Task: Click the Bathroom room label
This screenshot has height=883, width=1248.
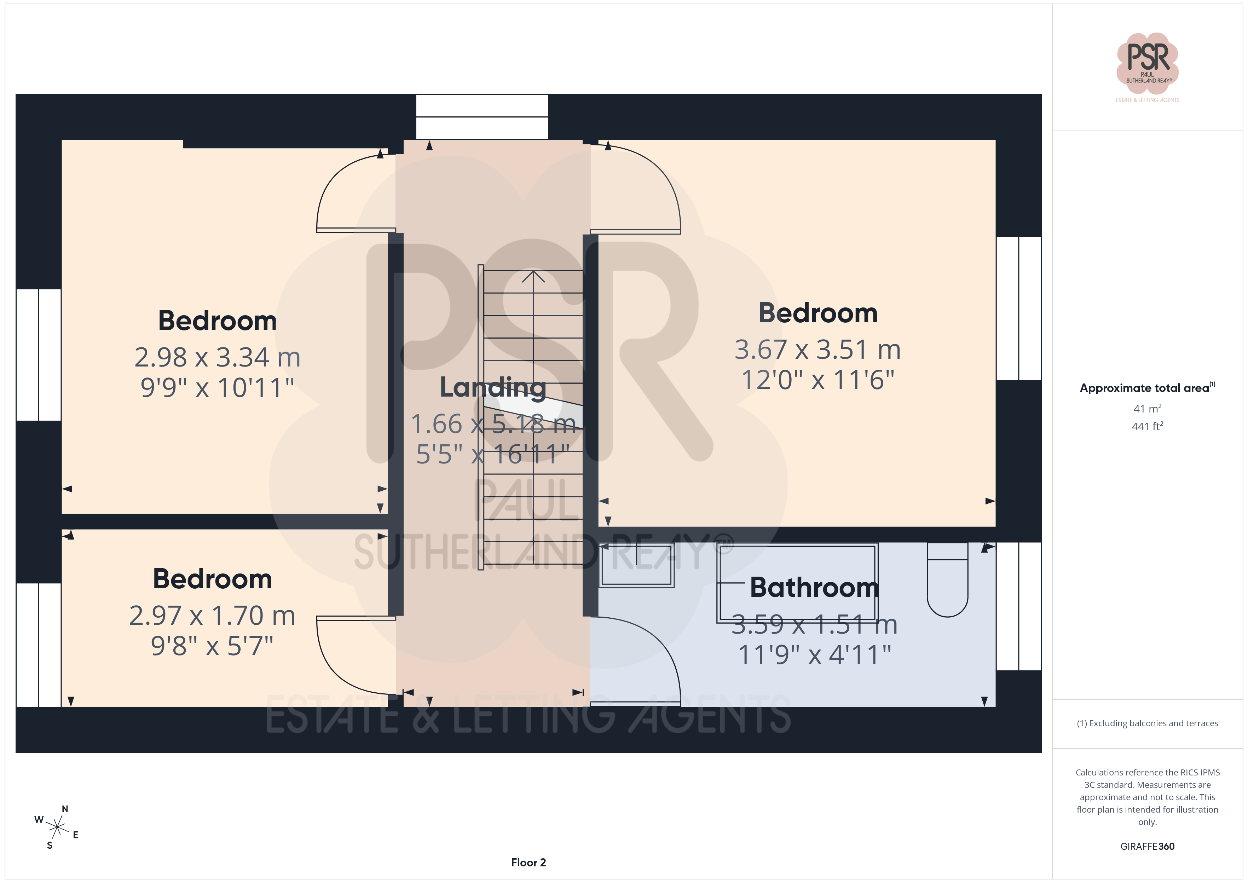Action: tap(814, 587)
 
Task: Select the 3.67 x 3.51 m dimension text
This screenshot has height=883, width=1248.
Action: tap(817, 350)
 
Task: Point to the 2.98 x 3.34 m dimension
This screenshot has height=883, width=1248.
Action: tap(218, 357)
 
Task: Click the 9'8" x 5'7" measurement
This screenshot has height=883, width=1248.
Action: tap(212, 646)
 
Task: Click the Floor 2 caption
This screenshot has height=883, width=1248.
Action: tap(528, 862)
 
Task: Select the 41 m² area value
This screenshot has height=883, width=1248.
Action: tap(1148, 408)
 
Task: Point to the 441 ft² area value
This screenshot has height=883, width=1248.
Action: tap(1148, 426)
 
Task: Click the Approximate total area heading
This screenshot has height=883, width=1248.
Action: tap(1148, 388)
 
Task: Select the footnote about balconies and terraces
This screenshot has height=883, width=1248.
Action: tap(1148, 723)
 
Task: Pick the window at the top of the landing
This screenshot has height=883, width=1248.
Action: tap(482, 117)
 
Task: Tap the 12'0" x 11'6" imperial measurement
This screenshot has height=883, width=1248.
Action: tap(817, 380)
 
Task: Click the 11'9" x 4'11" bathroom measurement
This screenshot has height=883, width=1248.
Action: tap(814, 654)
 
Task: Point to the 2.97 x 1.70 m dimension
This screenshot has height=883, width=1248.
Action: tap(212, 616)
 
